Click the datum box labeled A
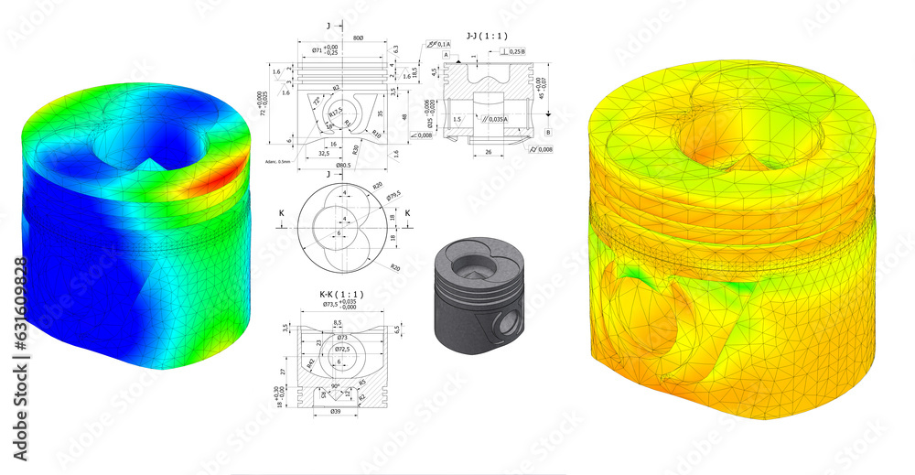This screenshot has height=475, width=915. (x=446, y=54)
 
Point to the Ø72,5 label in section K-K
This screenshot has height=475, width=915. (x=341, y=349)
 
